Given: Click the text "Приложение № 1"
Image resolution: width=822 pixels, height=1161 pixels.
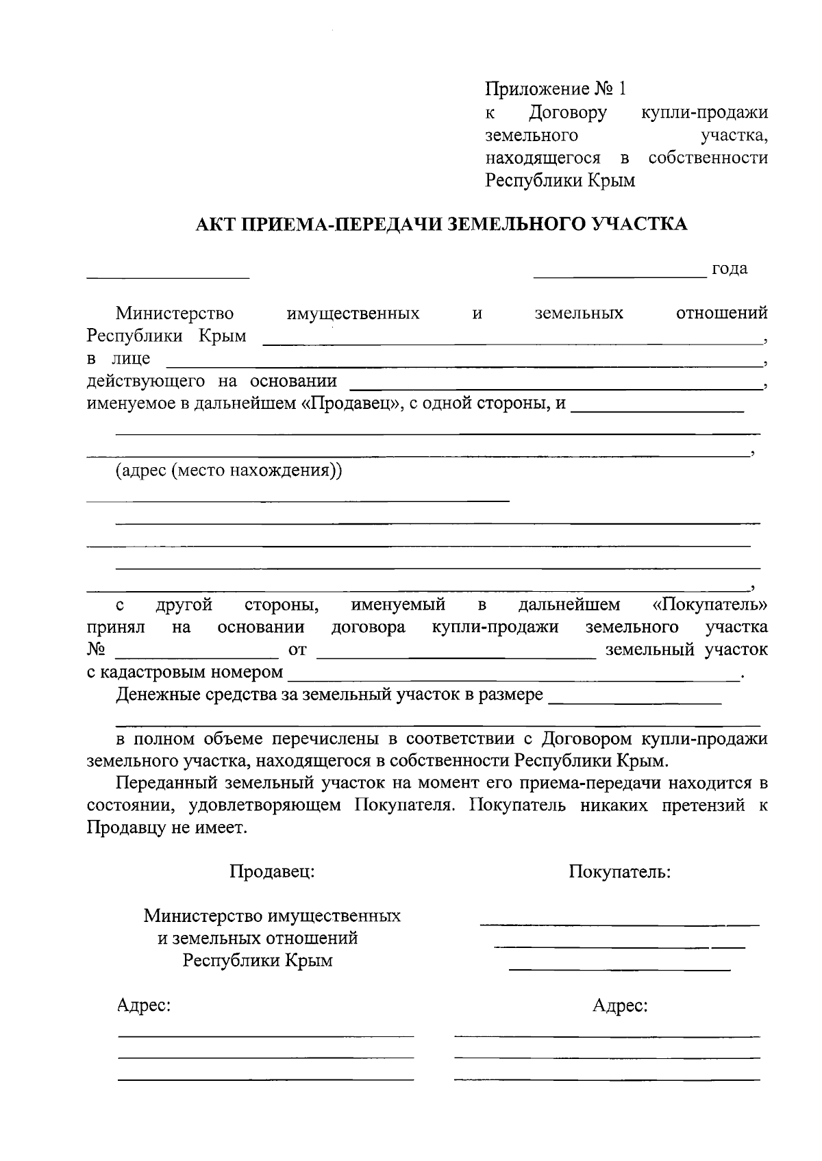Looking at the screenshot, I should (556, 89).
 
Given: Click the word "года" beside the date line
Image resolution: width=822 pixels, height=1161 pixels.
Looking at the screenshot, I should (730, 269).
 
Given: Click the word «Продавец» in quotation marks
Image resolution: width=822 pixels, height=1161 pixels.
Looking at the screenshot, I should (351, 403).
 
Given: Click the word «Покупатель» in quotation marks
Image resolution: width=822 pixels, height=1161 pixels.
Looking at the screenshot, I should (710, 605).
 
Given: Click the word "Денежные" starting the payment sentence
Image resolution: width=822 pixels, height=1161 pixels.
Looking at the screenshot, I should (157, 695).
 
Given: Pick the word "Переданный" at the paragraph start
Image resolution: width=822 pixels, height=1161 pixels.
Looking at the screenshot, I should (162, 783).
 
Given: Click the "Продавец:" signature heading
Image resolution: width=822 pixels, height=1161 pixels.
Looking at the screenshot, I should (272, 871).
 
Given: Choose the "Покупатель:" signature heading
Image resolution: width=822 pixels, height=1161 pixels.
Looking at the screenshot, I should (619, 871).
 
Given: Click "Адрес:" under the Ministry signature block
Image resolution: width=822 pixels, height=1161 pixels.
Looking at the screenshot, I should (143, 1006).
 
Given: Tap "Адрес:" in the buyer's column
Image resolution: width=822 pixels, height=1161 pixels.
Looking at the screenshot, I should (620, 1006).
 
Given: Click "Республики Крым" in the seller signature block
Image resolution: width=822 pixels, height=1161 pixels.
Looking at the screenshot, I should (258, 960).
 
